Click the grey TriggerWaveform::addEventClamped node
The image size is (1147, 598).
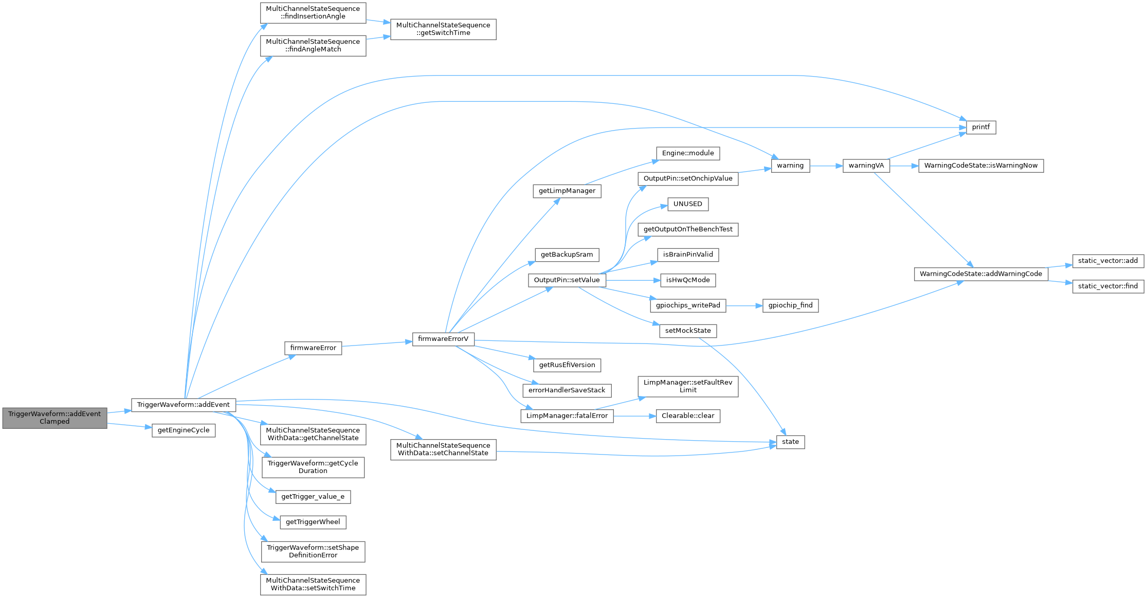[x=54, y=418]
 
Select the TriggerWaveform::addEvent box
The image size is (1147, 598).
[x=184, y=405]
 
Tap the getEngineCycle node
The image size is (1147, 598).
[x=184, y=430]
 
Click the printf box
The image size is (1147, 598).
[x=981, y=127]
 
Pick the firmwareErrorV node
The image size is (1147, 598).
[x=443, y=339]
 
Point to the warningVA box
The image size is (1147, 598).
[x=866, y=166]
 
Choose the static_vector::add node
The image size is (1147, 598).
[x=1108, y=261]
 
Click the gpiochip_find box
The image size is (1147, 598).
[x=790, y=305]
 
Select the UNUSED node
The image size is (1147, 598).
[x=688, y=204]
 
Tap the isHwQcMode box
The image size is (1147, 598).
[x=688, y=280]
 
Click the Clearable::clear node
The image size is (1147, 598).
[x=688, y=416]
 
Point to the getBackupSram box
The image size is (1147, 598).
[x=567, y=255]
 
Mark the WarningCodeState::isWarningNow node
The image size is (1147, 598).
[x=981, y=166]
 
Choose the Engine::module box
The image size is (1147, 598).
[x=688, y=153]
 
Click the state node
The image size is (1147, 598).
[x=790, y=442]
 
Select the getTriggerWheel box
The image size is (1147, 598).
[x=313, y=522]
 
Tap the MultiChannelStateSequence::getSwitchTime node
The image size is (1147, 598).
[x=443, y=29]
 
